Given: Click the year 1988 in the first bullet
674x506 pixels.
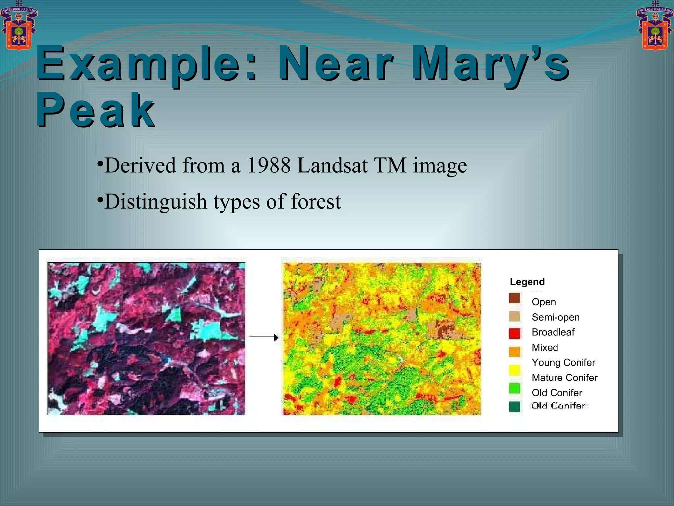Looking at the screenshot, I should [x=269, y=165].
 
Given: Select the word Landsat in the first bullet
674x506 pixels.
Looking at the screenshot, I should [x=332, y=165].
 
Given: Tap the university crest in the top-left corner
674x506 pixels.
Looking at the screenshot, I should [x=19, y=26].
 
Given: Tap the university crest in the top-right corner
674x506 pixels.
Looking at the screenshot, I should [x=655, y=26].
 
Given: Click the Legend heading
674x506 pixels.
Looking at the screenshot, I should [x=527, y=282].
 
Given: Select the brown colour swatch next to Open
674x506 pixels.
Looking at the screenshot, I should [x=515, y=298].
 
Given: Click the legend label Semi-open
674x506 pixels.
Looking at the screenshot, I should [x=556, y=317].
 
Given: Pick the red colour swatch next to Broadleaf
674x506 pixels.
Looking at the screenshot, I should [x=515, y=333].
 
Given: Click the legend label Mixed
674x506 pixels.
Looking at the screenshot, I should [x=545, y=348].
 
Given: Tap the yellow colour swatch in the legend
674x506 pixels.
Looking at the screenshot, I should [x=515, y=370].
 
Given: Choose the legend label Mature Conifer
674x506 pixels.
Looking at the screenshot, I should [x=564, y=378].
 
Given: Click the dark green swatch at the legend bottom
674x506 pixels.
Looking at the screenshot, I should [x=515, y=407].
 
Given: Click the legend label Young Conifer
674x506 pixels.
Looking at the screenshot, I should [x=563, y=363].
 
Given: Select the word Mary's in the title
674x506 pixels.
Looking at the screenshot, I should [x=490, y=64].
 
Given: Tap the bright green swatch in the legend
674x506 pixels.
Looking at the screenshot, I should [x=515, y=388].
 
